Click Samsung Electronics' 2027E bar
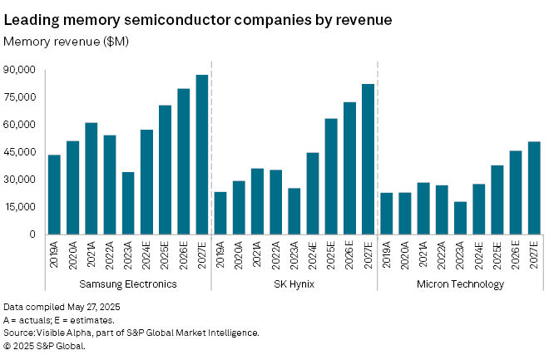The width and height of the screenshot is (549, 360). click(x=201, y=155)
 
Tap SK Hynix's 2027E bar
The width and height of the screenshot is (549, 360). click(x=367, y=159)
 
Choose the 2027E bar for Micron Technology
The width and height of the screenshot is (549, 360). click(x=534, y=188)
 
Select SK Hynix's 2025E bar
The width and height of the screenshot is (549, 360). click(x=330, y=176)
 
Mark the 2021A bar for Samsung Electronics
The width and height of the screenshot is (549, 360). click(x=91, y=178)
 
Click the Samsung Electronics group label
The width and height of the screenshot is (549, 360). click(x=127, y=284)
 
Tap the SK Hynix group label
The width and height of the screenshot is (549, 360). click(x=294, y=284)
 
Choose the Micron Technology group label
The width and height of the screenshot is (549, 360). click(x=460, y=284)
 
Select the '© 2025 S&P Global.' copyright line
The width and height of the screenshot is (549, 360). click(x=45, y=345)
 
